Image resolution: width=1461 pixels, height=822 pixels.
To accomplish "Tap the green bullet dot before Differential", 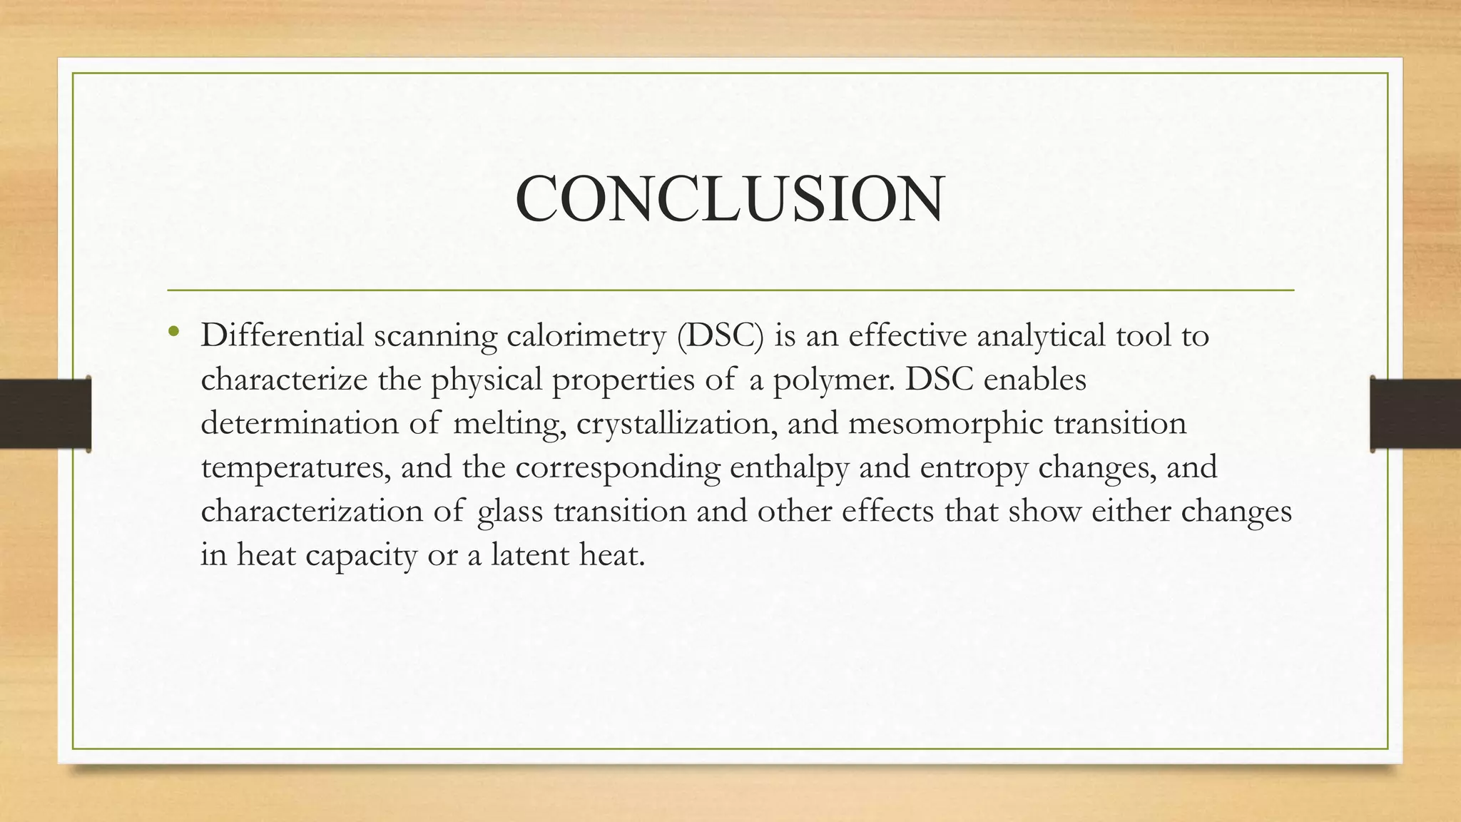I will click(173, 330).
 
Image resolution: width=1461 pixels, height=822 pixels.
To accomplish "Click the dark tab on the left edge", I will click(45, 414).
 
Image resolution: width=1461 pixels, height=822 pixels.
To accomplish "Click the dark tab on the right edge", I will click(1415, 414).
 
